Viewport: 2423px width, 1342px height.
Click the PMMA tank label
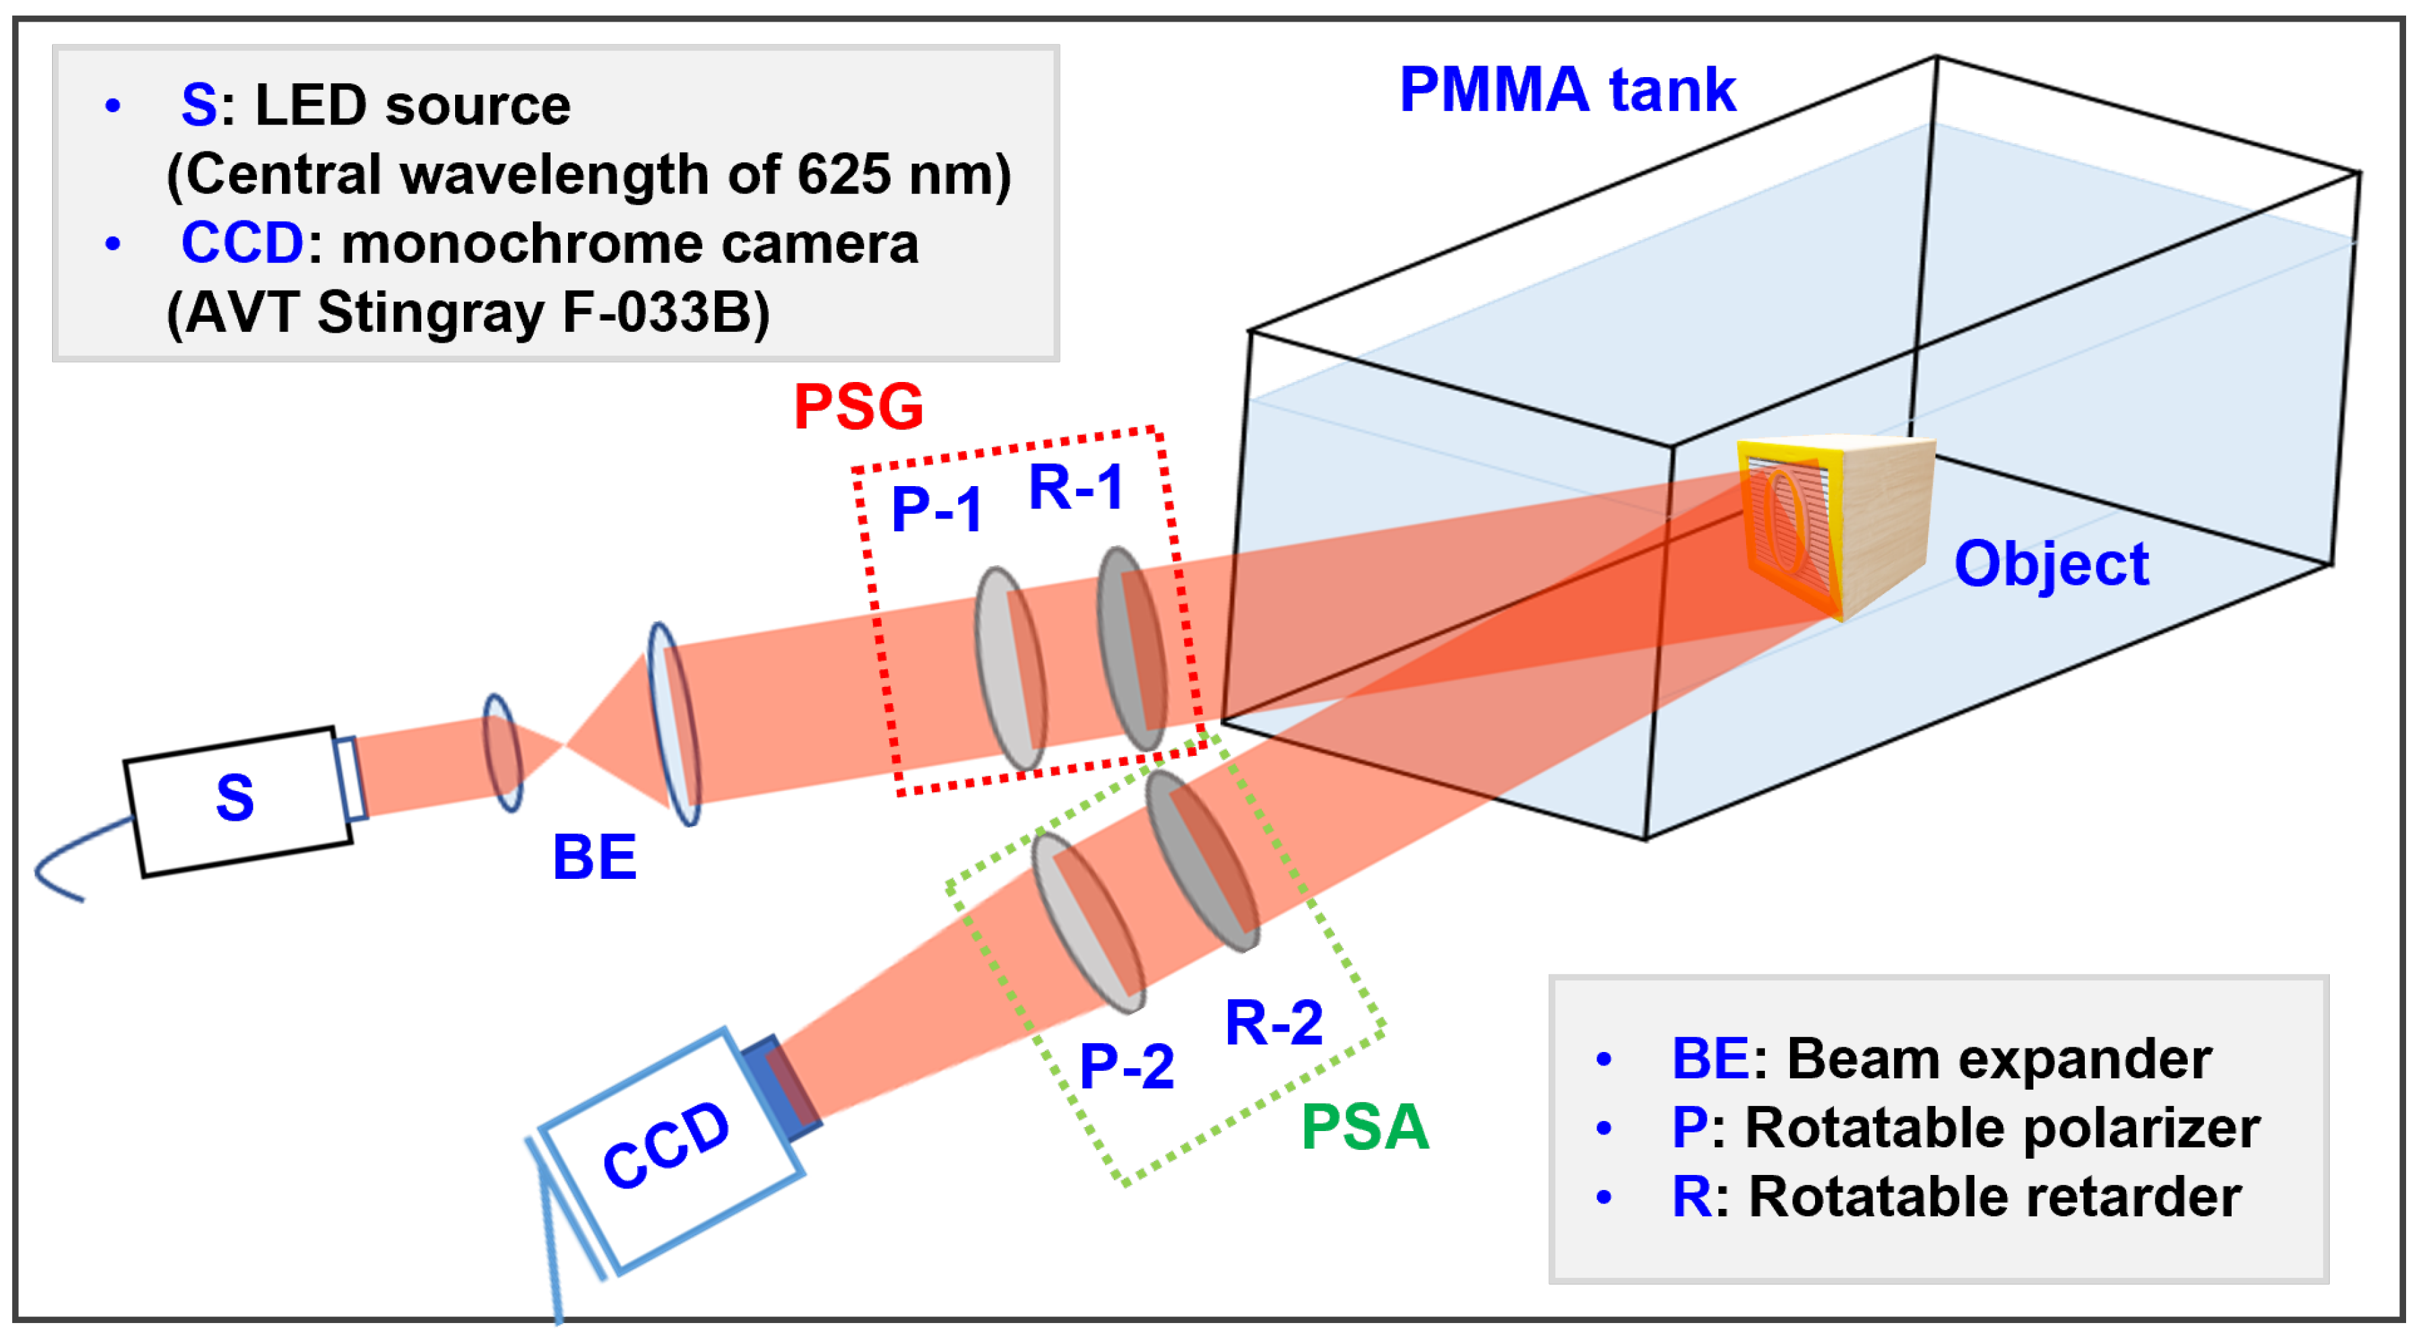1566,91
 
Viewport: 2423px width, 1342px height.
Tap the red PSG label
858,407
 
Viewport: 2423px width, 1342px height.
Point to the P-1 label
937,510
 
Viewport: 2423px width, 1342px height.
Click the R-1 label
1076,488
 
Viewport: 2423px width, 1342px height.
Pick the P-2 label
1126,1066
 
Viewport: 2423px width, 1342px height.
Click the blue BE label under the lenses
594,858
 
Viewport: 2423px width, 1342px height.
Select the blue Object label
2050,565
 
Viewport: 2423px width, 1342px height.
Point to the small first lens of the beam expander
502,752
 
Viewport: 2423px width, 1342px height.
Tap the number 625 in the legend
843,175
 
